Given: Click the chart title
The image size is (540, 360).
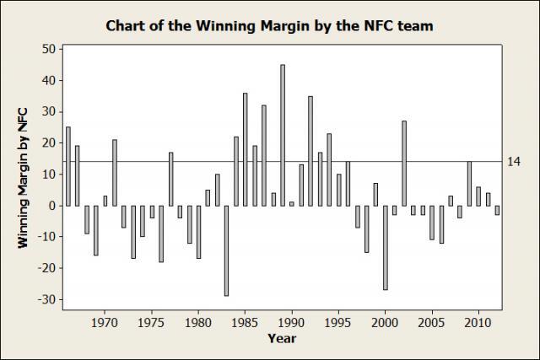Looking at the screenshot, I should pyautogui.click(x=270, y=25).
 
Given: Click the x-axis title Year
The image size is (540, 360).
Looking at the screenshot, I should pyautogui.click(x=282, y=338).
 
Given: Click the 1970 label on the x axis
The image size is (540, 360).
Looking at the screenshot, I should pyautogui.click(x=105, y=321).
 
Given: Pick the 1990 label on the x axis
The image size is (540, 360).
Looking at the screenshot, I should pyautogui.click(x=291, y=321).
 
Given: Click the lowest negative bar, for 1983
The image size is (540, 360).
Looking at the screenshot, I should pyautogui.click(x=226, y=250).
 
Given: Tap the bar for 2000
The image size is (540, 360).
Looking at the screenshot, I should pyautogui.click(x=385, y=247).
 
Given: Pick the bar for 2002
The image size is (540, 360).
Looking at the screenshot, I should pyautogui.click(x=403, y=164).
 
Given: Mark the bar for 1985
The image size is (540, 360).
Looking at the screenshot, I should pyautogui.click(x=245, y=149).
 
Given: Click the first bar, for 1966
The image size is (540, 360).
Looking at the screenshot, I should pyautogui.click(x=67, y=166).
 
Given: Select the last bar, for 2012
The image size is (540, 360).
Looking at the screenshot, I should pyautogui.click(x=497, y=210).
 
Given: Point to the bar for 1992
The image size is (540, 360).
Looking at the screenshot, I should pyautogui.click(x=310, y=151).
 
